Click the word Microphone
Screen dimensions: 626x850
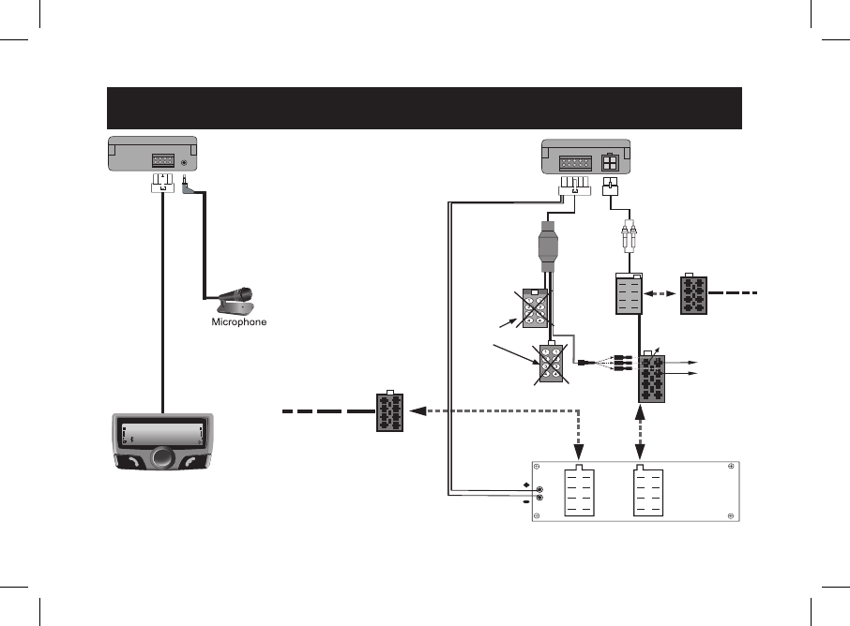click(x=238, y=321)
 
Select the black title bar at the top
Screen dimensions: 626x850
click(x=424, y=108)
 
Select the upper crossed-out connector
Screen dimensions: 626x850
click(x=534, y=308)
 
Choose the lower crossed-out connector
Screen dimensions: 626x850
click(x=551, y=364)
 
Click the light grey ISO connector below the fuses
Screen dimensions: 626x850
click(x=627, y=294)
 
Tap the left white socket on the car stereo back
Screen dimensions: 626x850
click(x=579, y=490)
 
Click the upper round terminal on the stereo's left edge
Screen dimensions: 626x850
click(x=540, y=490)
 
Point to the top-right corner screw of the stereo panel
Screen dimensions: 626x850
click(x=730, y=467)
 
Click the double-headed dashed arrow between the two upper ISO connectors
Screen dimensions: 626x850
click(x=661, y=292)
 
